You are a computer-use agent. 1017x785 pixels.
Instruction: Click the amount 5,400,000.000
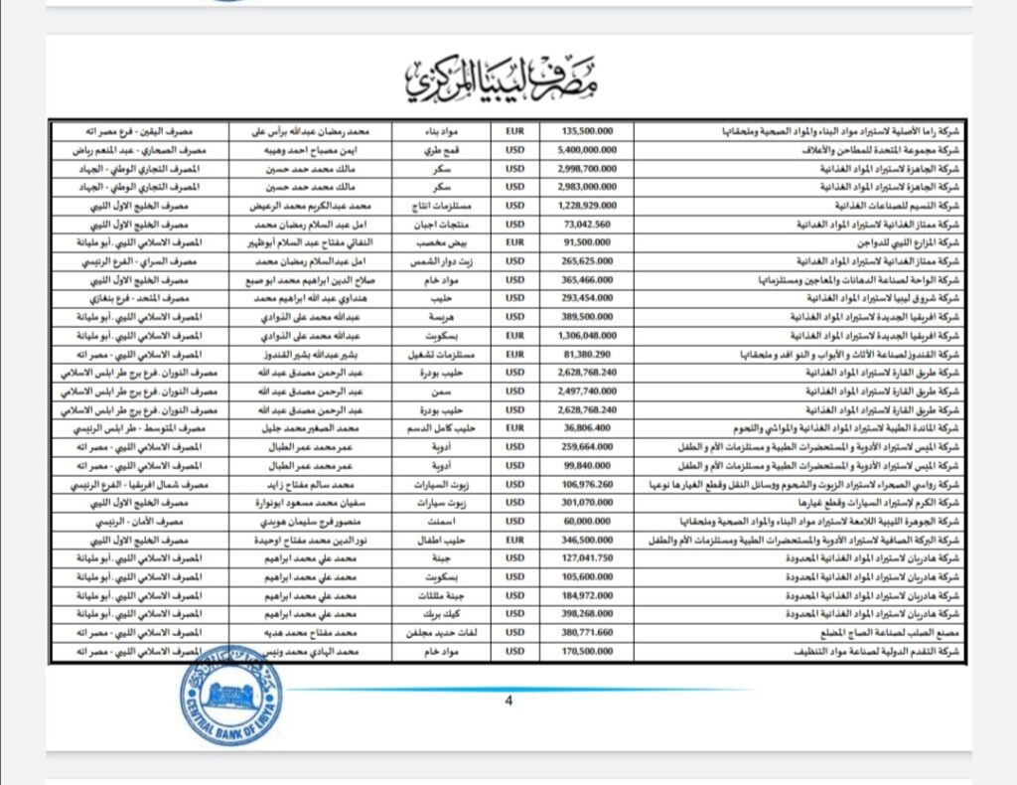[589, 148]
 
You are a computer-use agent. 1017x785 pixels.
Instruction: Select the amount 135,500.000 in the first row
[589, 129]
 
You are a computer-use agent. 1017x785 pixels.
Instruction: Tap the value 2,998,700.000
[589, 167]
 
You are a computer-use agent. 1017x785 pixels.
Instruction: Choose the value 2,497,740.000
[589, 391]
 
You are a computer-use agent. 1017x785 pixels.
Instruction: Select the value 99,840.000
[589, 465]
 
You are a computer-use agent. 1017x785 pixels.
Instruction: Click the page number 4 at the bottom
[508, 701]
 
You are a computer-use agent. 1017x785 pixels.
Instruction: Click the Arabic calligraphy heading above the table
[506, 79]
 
